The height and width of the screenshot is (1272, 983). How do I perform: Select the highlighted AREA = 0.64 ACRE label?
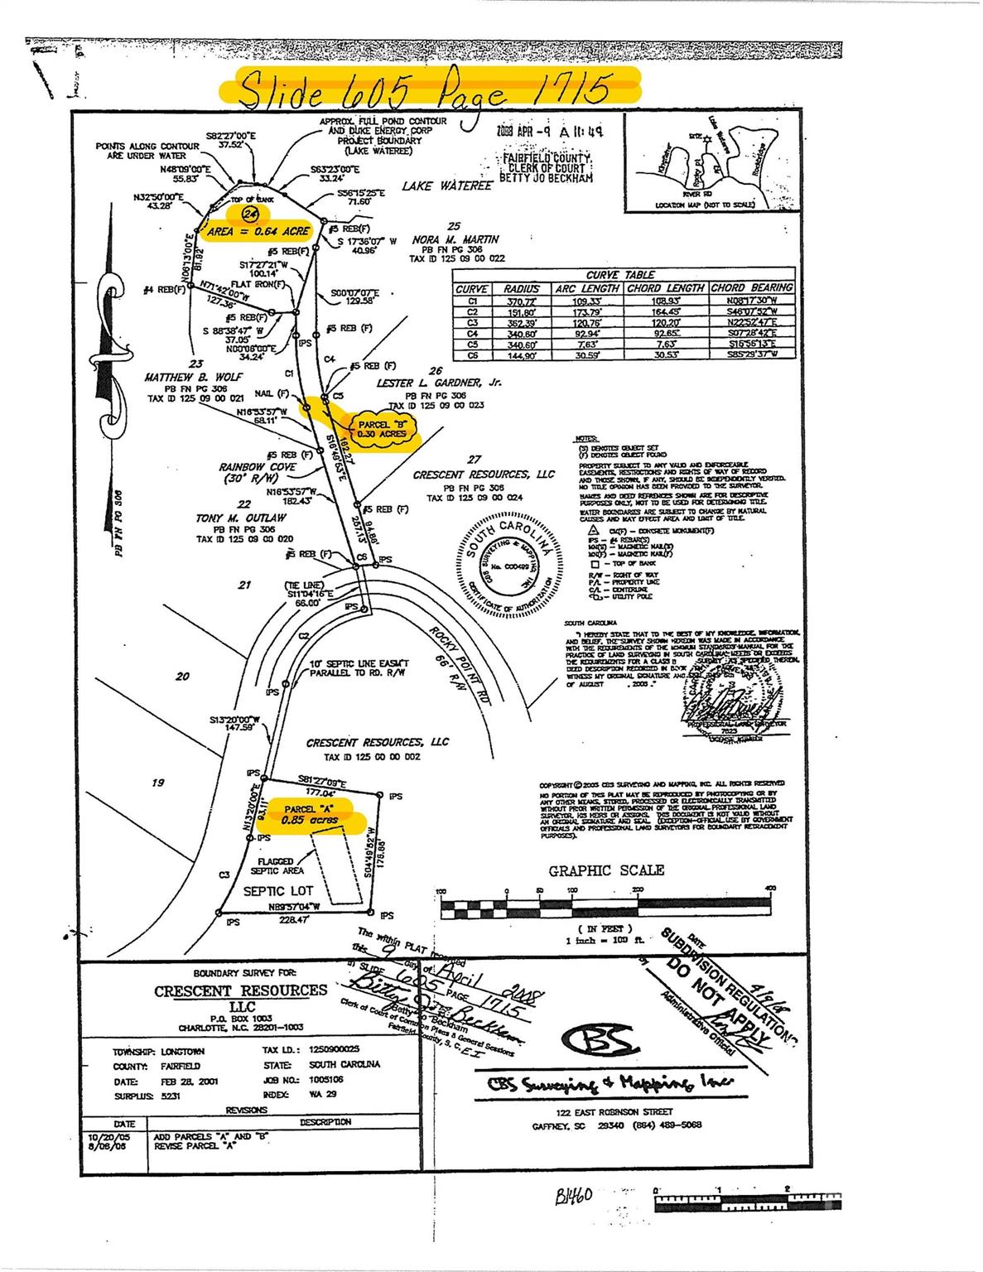[x=258, y=232]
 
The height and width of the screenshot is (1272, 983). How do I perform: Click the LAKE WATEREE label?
[x=446, y=186]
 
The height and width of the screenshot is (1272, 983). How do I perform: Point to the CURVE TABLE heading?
[x=620, y=274]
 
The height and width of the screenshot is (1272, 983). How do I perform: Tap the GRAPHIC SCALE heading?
[x=606, y=870]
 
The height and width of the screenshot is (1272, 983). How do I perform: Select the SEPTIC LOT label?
[x=278, y=891]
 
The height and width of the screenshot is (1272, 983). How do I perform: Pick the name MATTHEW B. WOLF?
[x=194, y=377]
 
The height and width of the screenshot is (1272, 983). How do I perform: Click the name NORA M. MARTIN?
[x=455, y=239]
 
